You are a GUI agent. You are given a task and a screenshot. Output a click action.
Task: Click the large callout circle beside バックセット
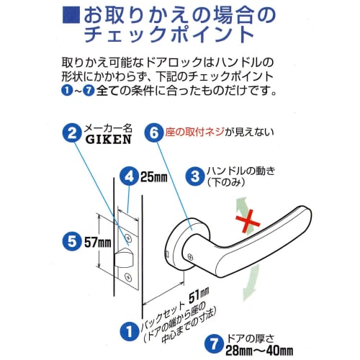tap(128, 330)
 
